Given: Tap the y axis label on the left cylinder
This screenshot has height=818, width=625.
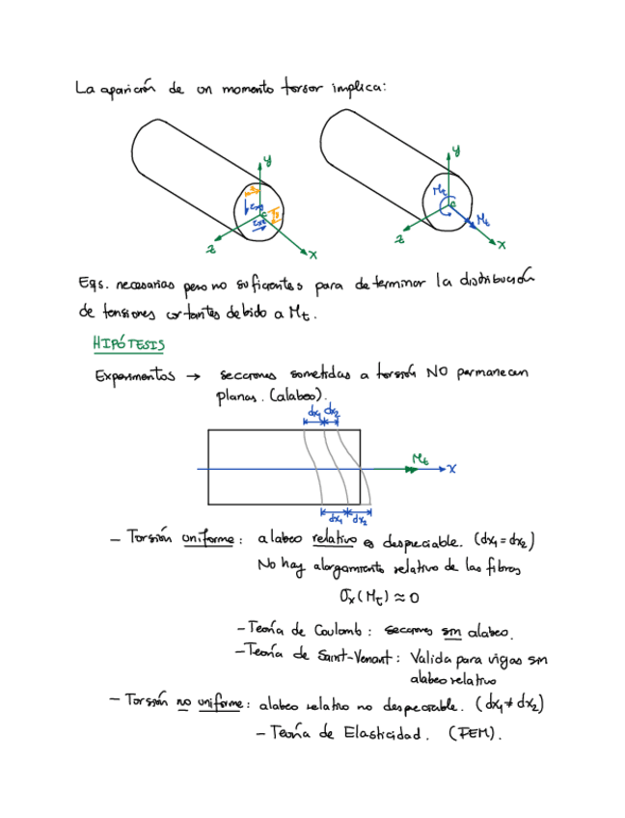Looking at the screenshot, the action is (266, 158).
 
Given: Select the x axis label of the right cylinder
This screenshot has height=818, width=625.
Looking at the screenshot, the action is (501, 245).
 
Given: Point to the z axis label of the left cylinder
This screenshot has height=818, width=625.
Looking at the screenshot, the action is (210, 249).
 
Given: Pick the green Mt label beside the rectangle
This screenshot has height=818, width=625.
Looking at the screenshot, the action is (420, 457).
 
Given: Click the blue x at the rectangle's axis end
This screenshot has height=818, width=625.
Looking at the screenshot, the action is (450, 469).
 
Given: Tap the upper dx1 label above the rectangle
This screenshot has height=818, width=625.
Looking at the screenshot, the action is (313, 412).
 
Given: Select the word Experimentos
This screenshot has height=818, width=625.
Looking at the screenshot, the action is (134, 377).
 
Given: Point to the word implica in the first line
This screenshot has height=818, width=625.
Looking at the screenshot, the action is (358, 89).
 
